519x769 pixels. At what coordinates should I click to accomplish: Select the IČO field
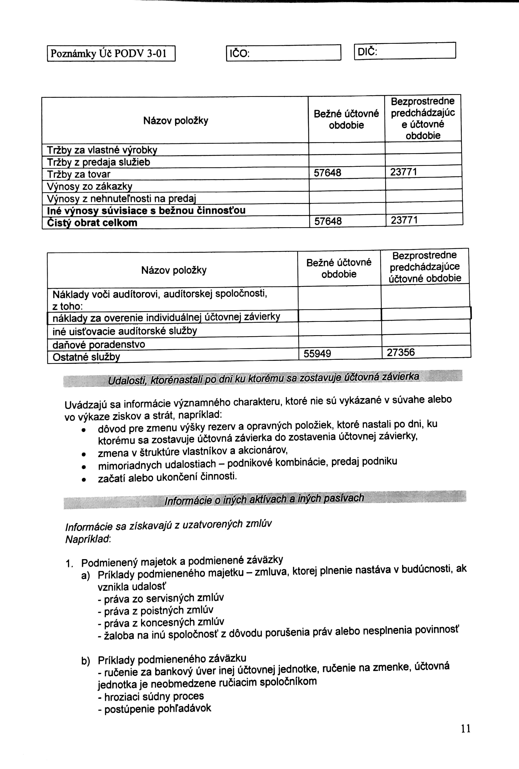click(x=283, y=53)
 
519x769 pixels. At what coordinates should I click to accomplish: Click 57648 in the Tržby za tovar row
click(x=327, y=173)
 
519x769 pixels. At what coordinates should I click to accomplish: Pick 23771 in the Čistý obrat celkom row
click(x=404, y=220)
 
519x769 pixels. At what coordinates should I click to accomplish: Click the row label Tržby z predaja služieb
click(x=99, y=162)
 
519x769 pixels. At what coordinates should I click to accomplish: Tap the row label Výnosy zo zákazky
click(x=89, y=187)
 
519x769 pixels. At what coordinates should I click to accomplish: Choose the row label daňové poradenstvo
click(x=99, y=345)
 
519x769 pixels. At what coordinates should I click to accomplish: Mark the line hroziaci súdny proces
click(x=151, y=697)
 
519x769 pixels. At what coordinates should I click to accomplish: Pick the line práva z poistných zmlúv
click(x=155, y=610)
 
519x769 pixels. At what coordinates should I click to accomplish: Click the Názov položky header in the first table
click(x=176, y=121)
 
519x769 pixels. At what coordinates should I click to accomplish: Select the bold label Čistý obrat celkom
click(x=92, y=223)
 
